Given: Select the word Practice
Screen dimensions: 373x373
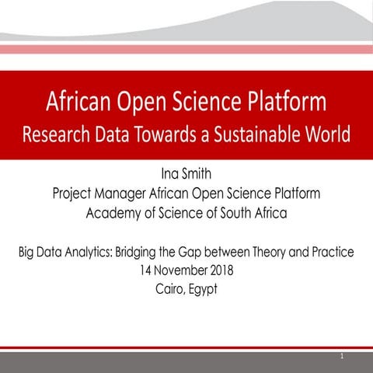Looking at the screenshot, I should (x=329, y=253).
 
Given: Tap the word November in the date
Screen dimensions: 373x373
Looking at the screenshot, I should (x=183, y=271).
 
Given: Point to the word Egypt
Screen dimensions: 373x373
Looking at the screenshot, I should (x=205, y=291).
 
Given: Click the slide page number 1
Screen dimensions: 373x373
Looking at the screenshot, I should (x=341, y=356).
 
